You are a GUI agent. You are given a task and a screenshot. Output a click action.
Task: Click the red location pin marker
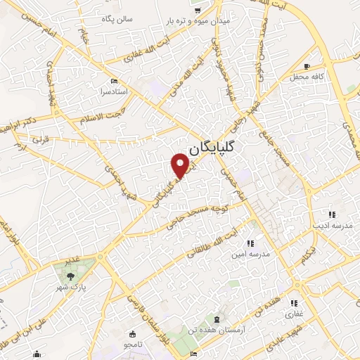pos(181,165)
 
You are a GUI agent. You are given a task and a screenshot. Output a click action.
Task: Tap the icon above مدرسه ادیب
pos(331,214)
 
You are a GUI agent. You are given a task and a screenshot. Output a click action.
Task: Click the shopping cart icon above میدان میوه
pos(198,9)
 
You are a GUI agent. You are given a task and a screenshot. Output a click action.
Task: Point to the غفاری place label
pos(293,314)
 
